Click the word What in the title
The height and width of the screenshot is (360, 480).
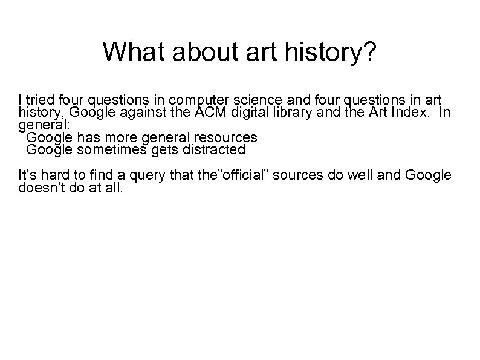point(129,52)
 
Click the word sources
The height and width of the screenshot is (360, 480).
point(297,175)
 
